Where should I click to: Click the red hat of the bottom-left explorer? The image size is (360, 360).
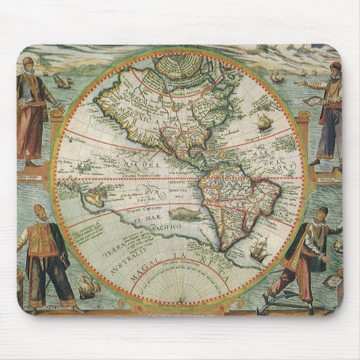(x=40, y=209)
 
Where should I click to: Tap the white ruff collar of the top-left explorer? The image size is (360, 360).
(x=27, y=73)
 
